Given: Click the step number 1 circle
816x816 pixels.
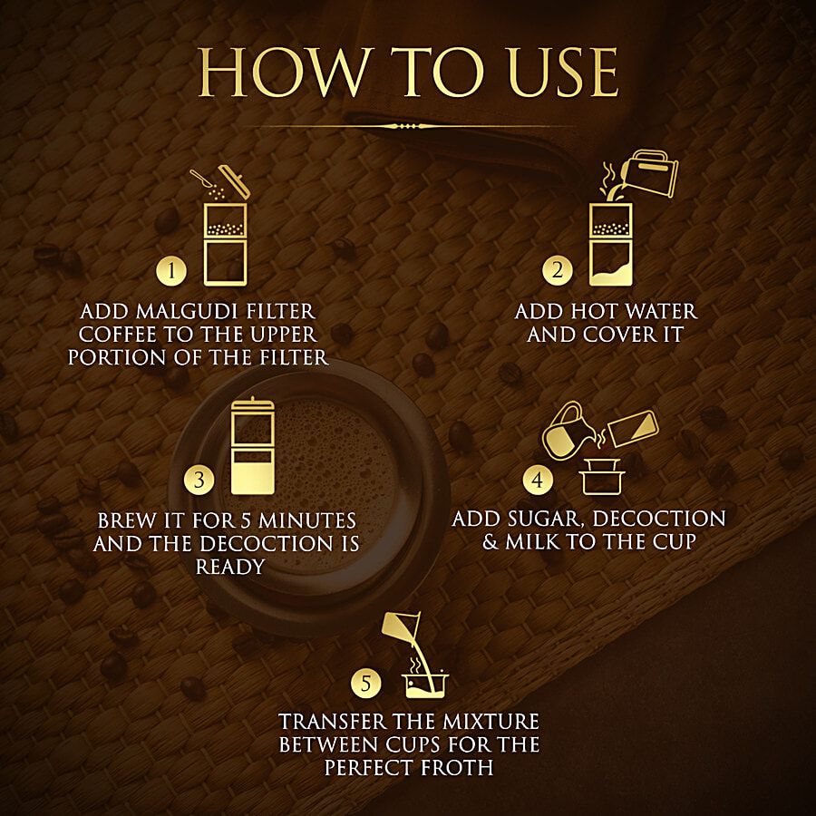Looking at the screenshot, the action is pyautogui.click(x=171, y=270).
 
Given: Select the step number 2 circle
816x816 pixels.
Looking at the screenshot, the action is pyautogui.click(x=558, y=270).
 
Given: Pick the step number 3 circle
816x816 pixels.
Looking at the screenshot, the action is pyautogui.click(x=199, y=480).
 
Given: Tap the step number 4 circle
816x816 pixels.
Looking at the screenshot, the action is pyautogui.click(x=538, y=480).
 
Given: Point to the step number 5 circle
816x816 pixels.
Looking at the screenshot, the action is pyautogui.click(x=366, y=683).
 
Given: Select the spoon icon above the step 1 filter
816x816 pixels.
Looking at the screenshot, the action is pyautogui.click(x=205, y=180).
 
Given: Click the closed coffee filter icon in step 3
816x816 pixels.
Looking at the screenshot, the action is pyautogui.click(x=253, y=446).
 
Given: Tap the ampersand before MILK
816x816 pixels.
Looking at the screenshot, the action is pyautogui.click(x=491, y=542).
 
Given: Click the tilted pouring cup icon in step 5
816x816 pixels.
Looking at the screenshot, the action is pyautogui.click(x=401, y=627).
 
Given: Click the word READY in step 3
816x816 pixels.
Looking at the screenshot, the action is pyautogui.click(x=230, y=567).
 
